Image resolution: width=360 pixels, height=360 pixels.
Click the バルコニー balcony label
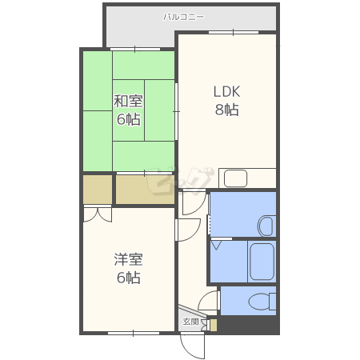pos(183,17)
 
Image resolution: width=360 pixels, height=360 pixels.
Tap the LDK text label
pos(226,91)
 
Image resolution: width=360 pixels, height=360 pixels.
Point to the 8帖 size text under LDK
pos(226,110)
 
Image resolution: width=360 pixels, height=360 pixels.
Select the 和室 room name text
pos(128,101)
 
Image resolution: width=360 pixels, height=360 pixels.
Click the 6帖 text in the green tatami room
pos(129,119)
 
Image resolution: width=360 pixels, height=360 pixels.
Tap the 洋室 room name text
pos(128,259)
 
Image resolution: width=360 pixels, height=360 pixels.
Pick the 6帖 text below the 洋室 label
pos(129,278)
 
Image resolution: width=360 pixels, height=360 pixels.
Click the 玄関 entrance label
pos(191,322)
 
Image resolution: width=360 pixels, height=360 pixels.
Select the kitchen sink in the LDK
pos(235,178)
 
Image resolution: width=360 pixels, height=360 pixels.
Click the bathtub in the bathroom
pos(262,262)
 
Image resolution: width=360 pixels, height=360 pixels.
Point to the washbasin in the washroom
pos(266,226)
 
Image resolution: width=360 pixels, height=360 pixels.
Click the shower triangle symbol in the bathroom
pos(216,245)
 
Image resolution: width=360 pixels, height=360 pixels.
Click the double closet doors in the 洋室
pos(98,215)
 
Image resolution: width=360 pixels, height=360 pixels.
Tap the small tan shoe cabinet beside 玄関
pos(214,325)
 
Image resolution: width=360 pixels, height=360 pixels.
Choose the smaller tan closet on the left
pos(98,190)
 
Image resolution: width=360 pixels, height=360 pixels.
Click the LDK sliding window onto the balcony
pos(234,32)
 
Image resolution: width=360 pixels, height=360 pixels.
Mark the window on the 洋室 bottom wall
pos(134,333)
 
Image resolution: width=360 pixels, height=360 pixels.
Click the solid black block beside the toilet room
pos(248,324)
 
